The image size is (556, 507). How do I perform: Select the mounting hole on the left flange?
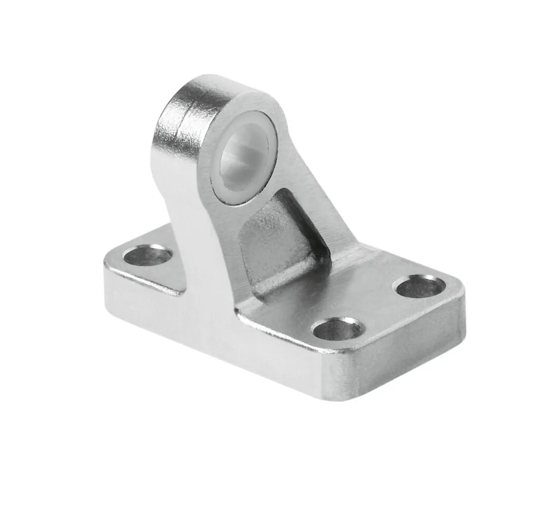point(147,256)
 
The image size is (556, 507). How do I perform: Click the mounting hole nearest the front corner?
point(337,330)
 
